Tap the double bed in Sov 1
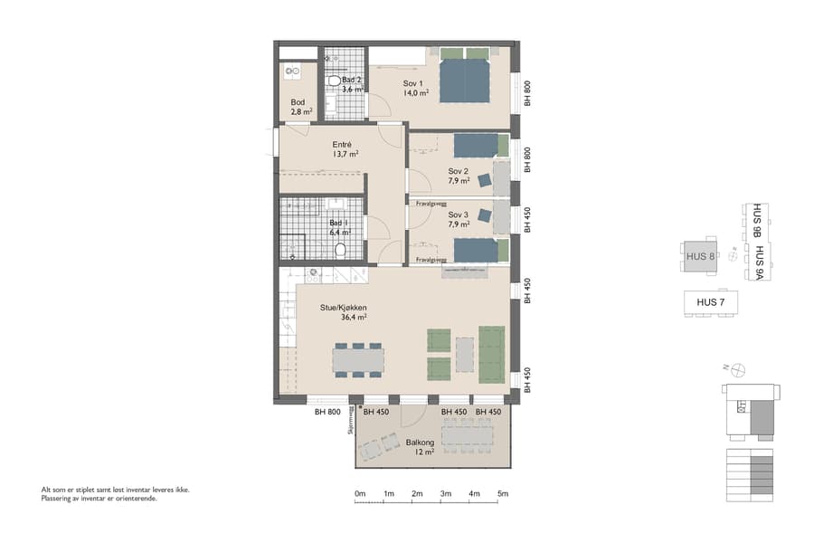[x=465, y=77]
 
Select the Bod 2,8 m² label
[x=300, y=107]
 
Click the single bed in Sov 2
[x=477, y=145]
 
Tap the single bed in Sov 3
[x=477, y=249]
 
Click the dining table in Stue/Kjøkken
[x=357, y=360]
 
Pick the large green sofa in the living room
[x=491, y=355]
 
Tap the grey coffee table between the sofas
[x=464, y=355]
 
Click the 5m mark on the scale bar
[x=502, y=494]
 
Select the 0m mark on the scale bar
[x=359, y=494]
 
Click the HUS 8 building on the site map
[x=701, y=256]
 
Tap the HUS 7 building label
[x=711, y=301]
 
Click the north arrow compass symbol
[x=739, y=368]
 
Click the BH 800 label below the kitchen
[x=327, y=413]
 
